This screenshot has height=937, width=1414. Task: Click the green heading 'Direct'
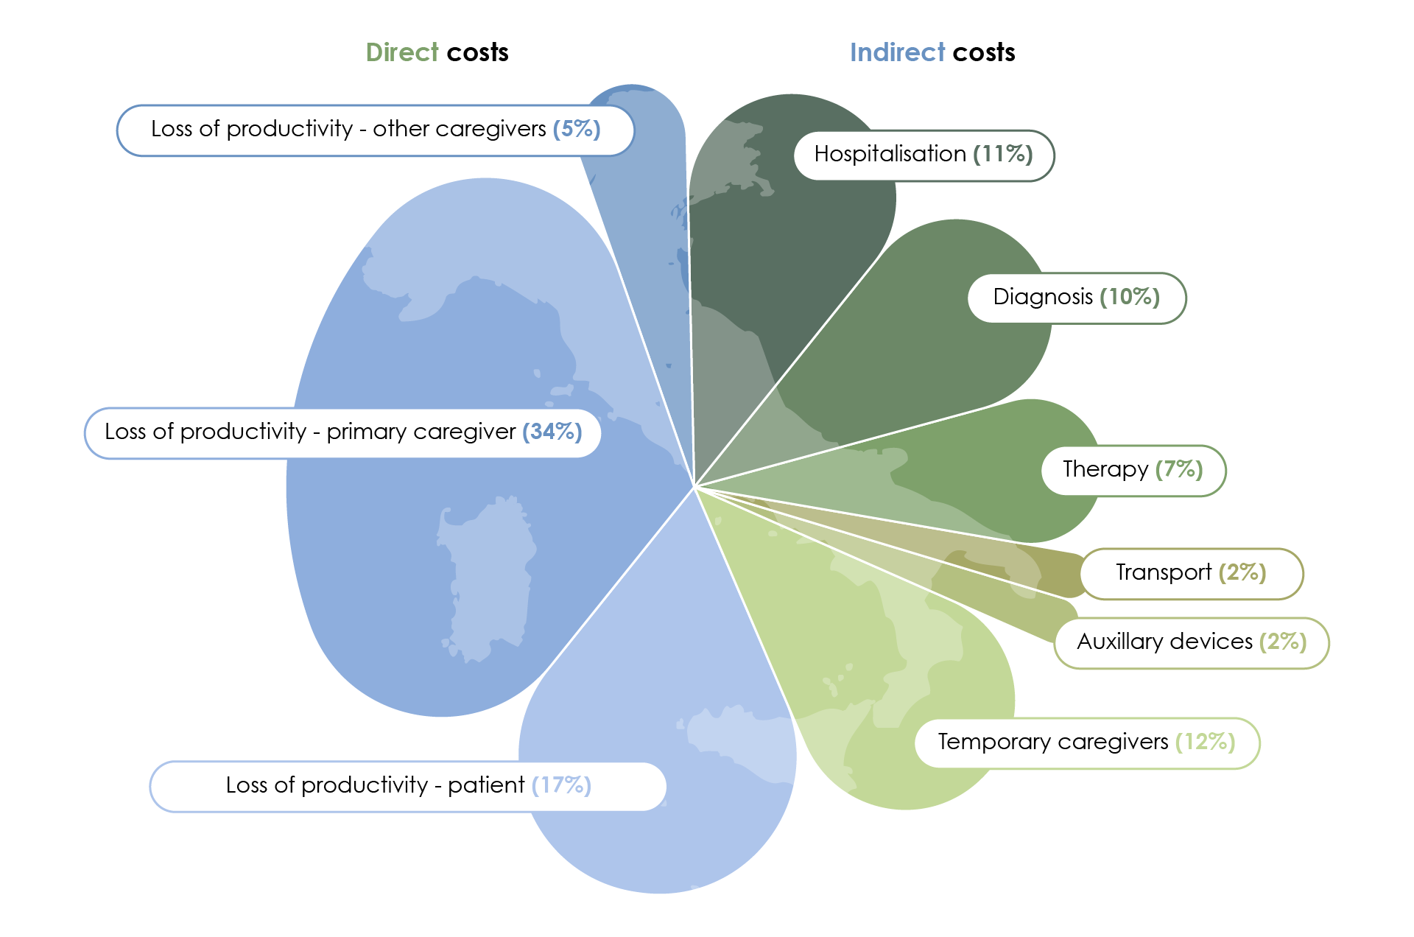401,52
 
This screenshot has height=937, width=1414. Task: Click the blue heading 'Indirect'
897,52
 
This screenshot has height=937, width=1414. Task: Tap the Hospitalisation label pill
924,155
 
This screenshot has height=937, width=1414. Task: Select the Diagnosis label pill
1076,298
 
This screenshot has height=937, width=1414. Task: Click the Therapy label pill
1133,470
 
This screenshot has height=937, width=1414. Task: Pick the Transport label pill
1191,573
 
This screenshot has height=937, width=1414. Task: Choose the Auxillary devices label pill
1191,642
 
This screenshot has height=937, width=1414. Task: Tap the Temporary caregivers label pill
1086,743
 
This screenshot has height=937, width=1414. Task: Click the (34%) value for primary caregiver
552,432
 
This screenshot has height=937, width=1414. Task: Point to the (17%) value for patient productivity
561,785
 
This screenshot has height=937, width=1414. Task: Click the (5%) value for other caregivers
577,129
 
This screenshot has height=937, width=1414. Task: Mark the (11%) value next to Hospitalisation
1003,154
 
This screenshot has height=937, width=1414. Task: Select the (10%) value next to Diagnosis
1130,297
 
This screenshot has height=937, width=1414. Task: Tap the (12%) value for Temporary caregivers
1206,742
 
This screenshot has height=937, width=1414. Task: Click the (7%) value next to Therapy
1179,469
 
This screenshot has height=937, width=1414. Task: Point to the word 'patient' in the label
486,786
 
